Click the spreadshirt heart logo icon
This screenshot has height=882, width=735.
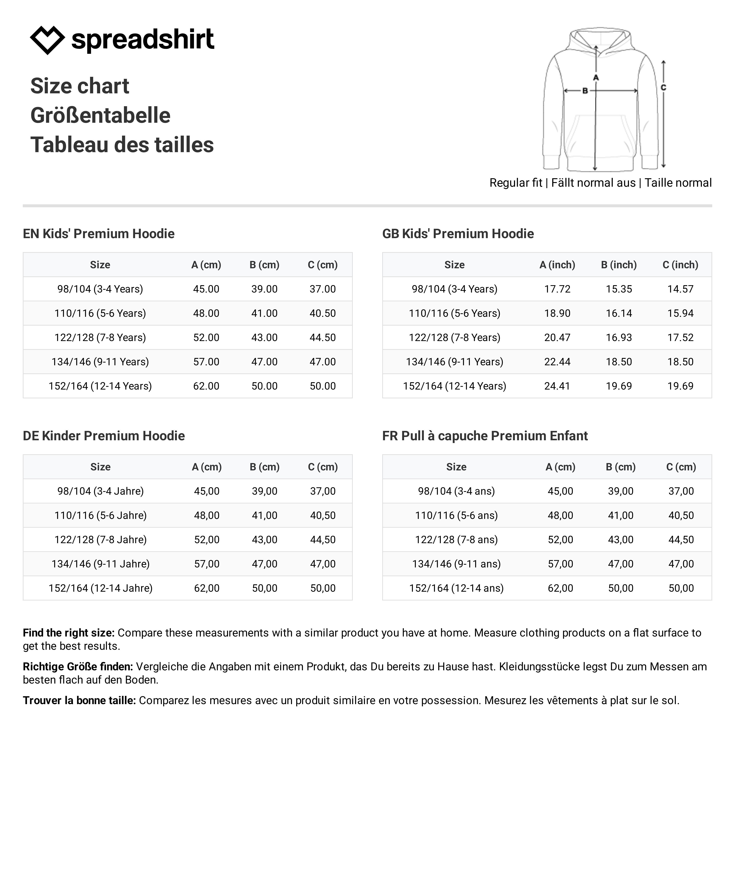tap(47, 40)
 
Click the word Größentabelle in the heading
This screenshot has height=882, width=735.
tap(100, 116)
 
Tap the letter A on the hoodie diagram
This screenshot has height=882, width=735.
tap(596, 78)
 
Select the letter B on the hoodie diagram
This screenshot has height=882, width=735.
tap(585, 91)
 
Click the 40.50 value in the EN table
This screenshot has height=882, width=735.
tap(322, 313)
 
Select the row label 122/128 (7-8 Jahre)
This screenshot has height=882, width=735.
tap(100, 540)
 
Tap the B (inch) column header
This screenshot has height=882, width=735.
tap(619, 265)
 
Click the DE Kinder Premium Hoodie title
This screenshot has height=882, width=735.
tap(104, 436)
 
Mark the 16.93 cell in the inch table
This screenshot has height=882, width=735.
tap(619, 338)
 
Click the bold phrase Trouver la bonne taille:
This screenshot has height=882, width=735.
tap(79, 701)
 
